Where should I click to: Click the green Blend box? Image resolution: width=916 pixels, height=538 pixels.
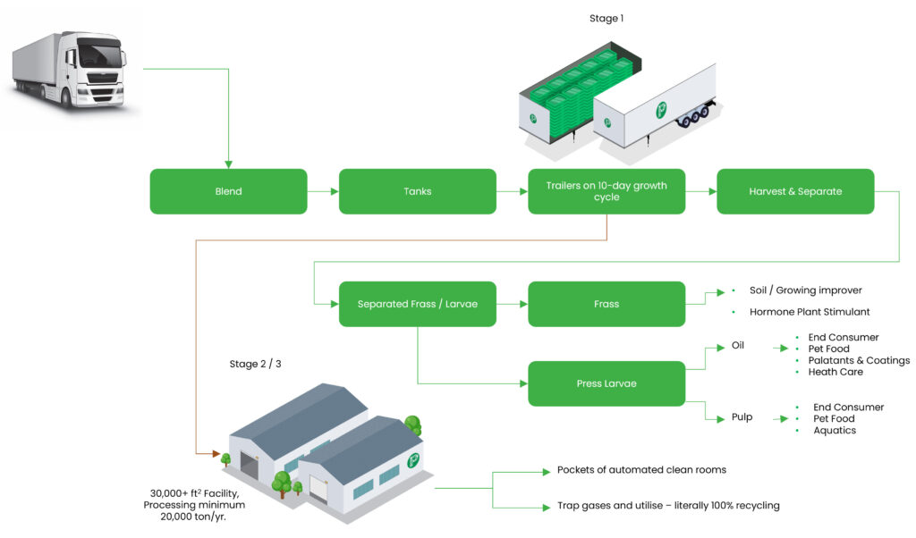click(228, 191)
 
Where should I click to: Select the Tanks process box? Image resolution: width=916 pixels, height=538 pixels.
click(417, 191)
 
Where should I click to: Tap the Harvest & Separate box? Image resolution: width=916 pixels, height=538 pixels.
click(795, 191)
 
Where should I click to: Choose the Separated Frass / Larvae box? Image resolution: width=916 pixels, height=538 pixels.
click(417, 304)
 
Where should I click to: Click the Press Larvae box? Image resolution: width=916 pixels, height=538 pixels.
click(606, 384)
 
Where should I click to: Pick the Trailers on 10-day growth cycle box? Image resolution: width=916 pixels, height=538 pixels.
click(606, 191)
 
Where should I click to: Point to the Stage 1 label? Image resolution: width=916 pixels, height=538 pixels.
click(606, 19)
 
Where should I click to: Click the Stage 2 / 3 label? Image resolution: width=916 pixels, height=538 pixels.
click(256, 364)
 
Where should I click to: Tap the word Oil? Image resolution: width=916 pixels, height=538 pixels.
click(737, 347)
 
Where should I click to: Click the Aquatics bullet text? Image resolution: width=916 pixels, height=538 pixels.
click(834, 431)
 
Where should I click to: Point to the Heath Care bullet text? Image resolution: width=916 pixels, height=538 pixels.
click(835, 372)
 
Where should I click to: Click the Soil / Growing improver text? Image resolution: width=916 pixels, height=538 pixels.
click(805, 290)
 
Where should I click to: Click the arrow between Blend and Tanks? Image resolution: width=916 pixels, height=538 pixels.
click(323, 191)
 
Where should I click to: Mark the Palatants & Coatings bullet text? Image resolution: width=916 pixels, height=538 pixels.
click(858, 360)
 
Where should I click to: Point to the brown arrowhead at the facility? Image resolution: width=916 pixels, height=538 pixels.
click(216, 454)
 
